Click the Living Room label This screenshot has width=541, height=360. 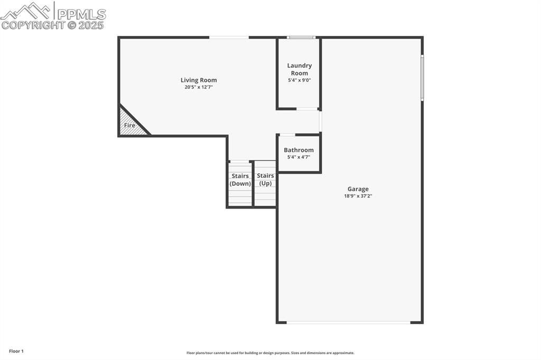[x=199, y=80]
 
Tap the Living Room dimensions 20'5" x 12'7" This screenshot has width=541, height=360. [x=199, y=87]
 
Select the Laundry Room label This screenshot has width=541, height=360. [x=299, y=69]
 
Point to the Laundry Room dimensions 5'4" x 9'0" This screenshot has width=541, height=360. [x=299, y=80]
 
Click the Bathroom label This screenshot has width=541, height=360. [x=299, y=150]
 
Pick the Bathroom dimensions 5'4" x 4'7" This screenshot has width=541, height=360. [x=299, y=157]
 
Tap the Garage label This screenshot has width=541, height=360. [x=358, y=189]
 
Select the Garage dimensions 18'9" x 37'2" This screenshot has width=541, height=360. [x=358, y=196]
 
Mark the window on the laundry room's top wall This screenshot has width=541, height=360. [x=301, y=37]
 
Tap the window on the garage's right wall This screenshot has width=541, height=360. [x=422, y=78]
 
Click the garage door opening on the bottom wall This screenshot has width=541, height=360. [x=349, y=322]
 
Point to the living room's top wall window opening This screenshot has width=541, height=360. [x=229, y=37]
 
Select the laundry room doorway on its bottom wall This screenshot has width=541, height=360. [x=307, y=109]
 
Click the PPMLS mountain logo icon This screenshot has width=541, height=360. [x=27, y=11]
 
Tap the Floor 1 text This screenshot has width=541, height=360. [x=16, y=351]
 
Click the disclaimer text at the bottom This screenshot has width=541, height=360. [x=270, y=353]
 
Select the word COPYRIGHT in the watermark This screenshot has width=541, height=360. [x=33, y=25]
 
